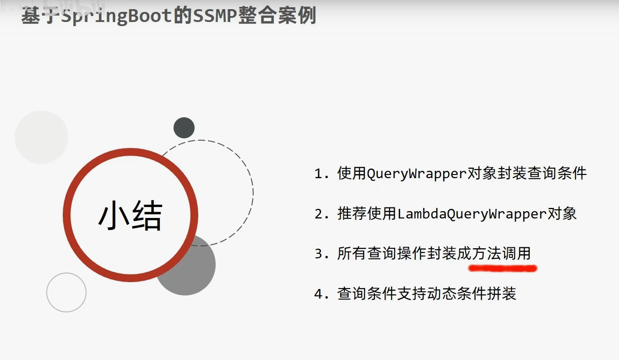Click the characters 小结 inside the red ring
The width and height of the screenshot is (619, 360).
tap(130, 216)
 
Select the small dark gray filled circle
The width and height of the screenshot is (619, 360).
tap(184, 128)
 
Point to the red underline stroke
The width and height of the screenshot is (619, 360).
tap(503, 267)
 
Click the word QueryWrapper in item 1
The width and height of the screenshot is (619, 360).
tap(417, 174)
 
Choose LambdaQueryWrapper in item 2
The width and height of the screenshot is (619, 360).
tap(472, 213)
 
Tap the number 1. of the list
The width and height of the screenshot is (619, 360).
tap(321, 174)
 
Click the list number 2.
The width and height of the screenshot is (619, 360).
tap(321, 214)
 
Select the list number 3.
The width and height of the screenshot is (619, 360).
tap(321, 254)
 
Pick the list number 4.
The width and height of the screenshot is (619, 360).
tap(321, 294)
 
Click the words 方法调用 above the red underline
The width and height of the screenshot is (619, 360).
tap(501, 253)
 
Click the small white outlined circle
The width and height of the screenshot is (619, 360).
tap(66, 292)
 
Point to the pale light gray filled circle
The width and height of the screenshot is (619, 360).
tap(41, 137)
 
